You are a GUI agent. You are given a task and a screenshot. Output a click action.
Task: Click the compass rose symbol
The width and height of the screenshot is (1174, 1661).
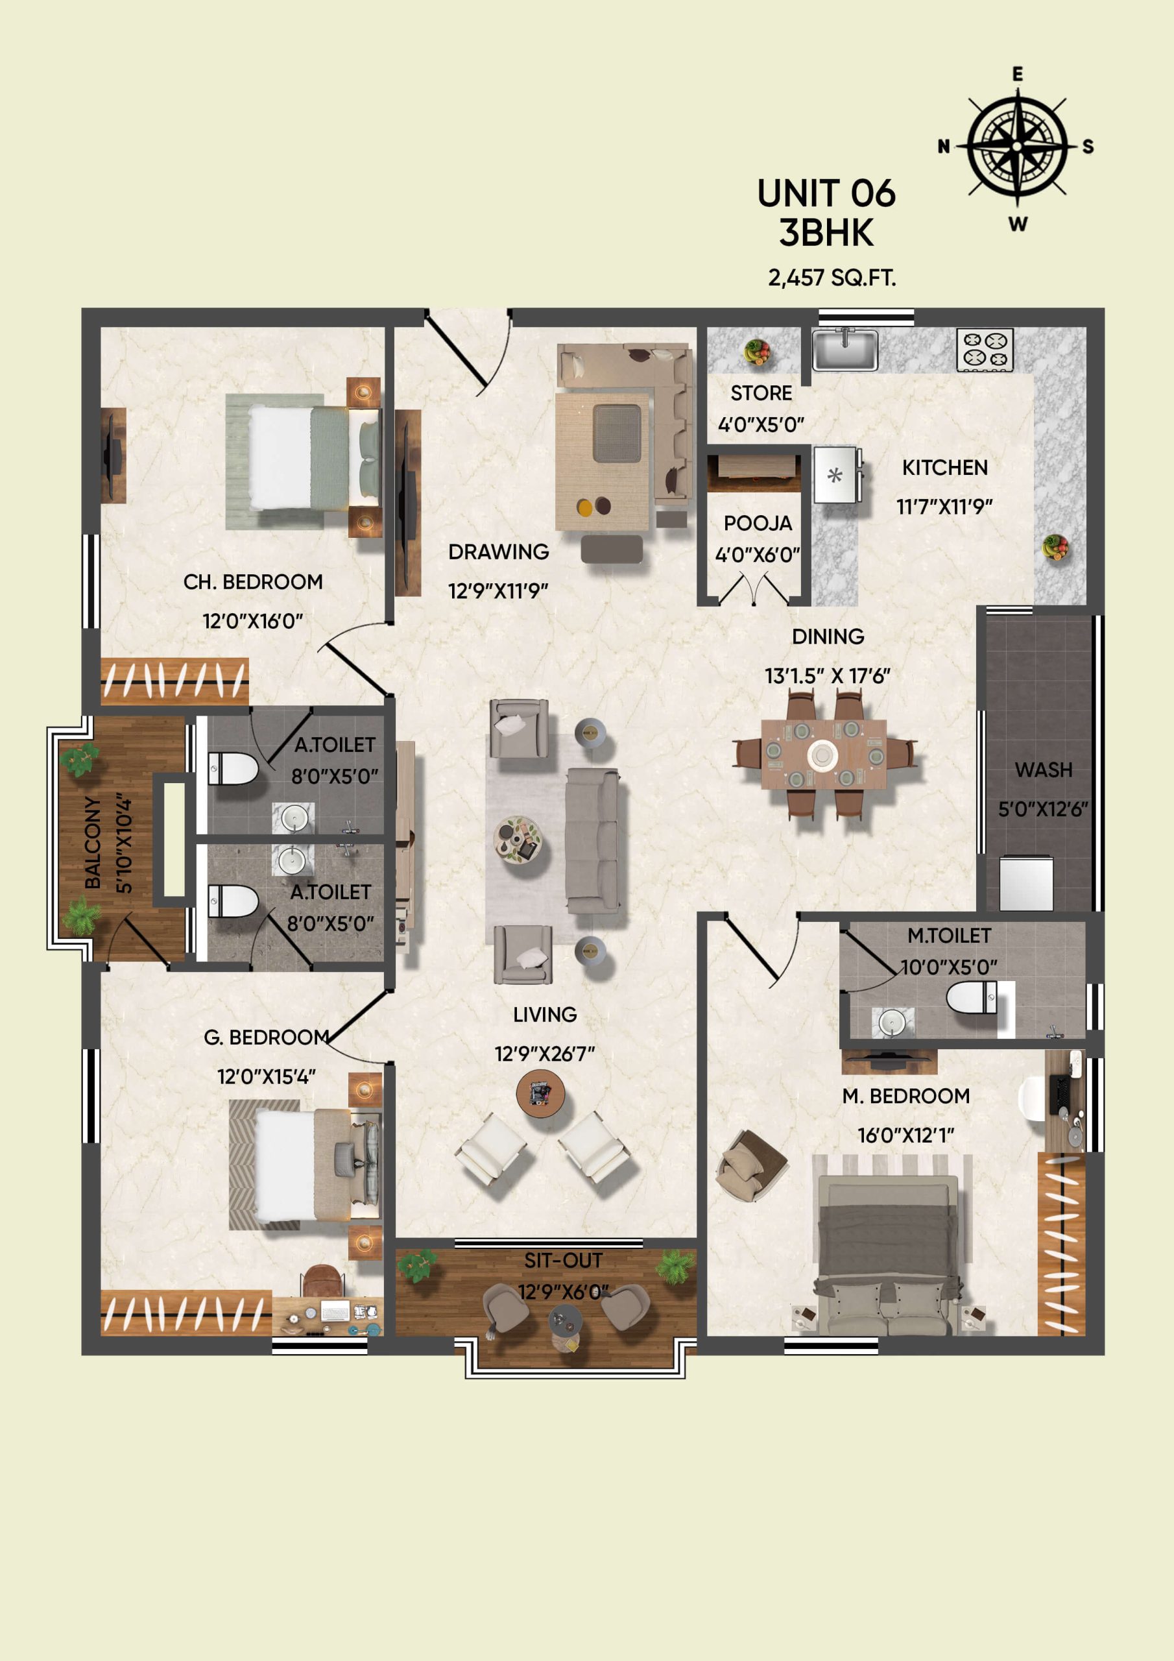pos(1016,146)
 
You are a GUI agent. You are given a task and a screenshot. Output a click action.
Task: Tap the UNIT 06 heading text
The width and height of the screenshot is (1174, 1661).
pos(826,194)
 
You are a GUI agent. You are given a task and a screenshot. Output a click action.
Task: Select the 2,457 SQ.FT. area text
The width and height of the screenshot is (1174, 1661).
pos(832,278)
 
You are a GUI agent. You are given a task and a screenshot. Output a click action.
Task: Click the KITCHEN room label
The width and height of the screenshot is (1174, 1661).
pos(944,468)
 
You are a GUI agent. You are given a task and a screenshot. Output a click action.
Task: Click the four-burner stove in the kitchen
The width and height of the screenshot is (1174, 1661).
pos(985,350)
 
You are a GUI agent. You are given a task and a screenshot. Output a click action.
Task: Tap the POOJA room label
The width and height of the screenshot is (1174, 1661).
pos(758,523)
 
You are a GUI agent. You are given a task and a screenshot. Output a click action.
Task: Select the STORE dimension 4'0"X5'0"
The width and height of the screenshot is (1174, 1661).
pos(761,424)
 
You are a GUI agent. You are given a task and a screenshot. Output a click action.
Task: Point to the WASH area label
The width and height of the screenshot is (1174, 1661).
pos(1043,770)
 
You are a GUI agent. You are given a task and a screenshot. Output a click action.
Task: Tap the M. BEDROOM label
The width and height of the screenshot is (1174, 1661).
pos(905,1096)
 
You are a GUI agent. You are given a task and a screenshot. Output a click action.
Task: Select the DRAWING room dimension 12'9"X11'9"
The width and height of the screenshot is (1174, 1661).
pos(498,591)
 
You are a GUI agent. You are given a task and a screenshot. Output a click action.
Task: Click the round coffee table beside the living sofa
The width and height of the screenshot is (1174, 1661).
pos(517,838)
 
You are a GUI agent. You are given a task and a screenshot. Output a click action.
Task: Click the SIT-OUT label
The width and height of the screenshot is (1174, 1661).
pos(563,1261)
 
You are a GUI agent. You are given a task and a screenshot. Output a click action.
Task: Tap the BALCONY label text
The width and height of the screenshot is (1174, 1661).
pos(93,842)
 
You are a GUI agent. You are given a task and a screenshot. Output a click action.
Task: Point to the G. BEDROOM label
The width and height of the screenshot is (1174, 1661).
pos(266,1037)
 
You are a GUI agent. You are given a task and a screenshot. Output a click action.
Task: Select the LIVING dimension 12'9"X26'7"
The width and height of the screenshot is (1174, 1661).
pos(545,1054)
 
